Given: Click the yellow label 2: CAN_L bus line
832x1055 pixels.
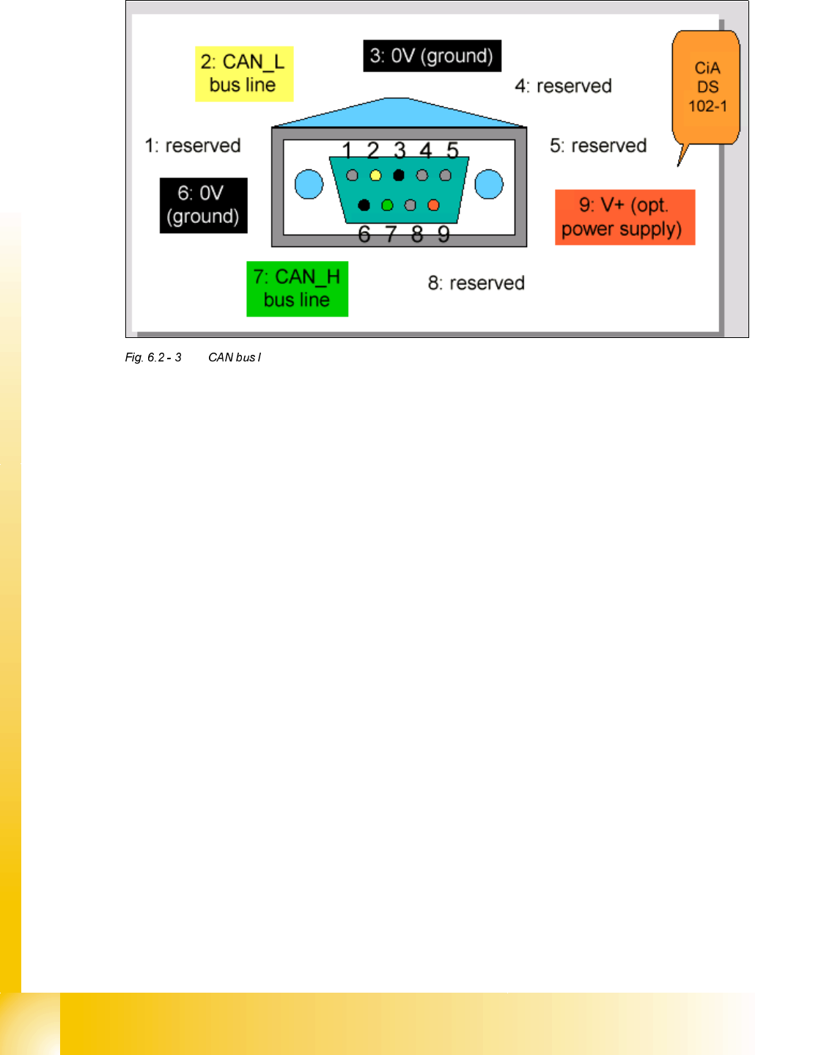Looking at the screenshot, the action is pos(243,73).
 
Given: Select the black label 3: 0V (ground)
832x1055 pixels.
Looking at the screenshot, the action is pos(432,56).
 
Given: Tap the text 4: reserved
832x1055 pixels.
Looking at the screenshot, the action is pos(563,86).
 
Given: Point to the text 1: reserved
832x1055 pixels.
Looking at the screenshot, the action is pos(193,145).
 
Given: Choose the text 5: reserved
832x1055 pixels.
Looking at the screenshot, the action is pos(598,145).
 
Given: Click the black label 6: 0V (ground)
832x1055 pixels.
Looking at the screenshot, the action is pos(203,205).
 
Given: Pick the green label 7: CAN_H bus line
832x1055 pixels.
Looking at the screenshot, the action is pos(297,288).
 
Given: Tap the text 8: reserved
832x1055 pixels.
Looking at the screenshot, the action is pos(476,283).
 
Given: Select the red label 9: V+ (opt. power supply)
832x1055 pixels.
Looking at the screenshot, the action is pos(624,217).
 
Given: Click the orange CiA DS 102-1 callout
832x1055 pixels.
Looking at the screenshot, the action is pos(707,87).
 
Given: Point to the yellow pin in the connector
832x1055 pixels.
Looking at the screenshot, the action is pos(375,176).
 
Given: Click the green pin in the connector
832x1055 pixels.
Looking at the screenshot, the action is pos(387,205).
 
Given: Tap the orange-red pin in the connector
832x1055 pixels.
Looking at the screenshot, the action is pos(433,205).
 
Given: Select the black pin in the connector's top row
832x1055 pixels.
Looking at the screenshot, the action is pos(399,175).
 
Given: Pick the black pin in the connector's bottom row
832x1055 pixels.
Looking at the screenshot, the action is pos(364,205).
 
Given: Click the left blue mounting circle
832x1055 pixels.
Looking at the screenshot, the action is pos(309,184).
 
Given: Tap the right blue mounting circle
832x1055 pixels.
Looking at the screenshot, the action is pos(489,184).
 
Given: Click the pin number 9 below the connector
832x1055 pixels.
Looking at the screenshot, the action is pos(443,235).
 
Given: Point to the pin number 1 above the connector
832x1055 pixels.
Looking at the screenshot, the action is pos(347,150).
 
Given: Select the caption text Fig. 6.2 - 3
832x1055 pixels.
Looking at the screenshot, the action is pos(153,357).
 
